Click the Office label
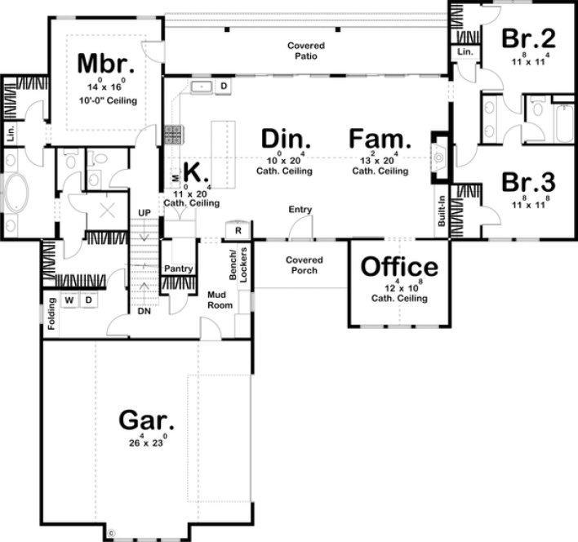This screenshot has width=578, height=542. pos(399,267)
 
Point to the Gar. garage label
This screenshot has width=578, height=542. pos(147,421)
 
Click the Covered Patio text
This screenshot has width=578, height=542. pos(306,51)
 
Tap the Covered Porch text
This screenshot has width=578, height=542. pos(305,265)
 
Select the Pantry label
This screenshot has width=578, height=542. pos(177,269)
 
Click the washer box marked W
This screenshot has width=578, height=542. pos(69,300)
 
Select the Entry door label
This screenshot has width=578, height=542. pos(300,210)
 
